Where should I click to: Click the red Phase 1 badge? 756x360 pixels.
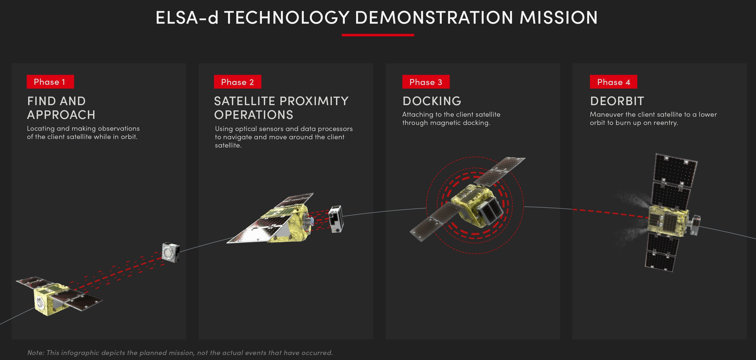tap(50, 82)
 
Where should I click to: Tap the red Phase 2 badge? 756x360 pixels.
tap(237, 82)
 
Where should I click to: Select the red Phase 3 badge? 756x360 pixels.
tap(426, 82)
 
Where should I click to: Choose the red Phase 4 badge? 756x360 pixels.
tap(613, 82)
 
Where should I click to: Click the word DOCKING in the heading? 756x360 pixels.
tap(432, 101)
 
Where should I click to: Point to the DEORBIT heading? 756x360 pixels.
tap(617, 101)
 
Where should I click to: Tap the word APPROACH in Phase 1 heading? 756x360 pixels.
tap(61, 115)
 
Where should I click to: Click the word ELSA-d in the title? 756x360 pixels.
tap(187, 18)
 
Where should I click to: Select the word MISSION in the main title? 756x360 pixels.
tap(559, 18)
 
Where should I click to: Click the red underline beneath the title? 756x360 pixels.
tap(378, 35)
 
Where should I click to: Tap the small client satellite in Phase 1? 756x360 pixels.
tap(171, 252)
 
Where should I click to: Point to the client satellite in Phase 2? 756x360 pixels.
tap(336, 219)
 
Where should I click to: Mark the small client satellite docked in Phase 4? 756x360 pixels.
tap(695, 225)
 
